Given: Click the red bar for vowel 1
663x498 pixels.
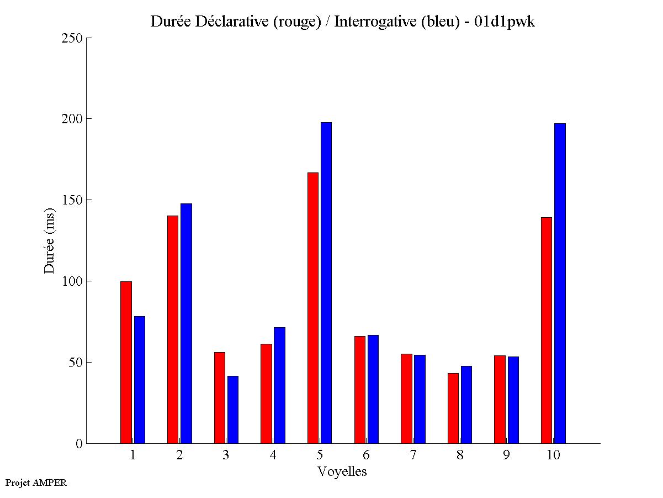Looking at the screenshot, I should point(126,362).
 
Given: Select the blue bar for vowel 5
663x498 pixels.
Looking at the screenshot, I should point(326,282).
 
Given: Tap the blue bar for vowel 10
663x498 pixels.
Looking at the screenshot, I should point(560,283).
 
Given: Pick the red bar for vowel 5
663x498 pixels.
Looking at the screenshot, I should point(313,308).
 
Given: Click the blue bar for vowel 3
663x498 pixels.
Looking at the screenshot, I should point(233,410).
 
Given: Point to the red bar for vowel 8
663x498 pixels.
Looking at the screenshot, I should point(453,408).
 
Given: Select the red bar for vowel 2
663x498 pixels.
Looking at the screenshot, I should point(173,329).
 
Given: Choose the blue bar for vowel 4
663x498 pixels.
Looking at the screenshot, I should point(279,385).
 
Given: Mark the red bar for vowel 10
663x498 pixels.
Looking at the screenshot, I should point(547,330).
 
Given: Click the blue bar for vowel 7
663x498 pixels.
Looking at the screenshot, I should point(420,399).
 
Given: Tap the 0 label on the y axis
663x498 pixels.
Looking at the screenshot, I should point(79,443).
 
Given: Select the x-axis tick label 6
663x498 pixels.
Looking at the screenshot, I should point(367,455).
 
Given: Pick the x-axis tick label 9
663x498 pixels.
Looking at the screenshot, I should point(506,455).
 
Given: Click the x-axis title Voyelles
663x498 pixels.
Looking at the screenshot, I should point(342,471).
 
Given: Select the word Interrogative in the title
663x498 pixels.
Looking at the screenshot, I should point(369,22).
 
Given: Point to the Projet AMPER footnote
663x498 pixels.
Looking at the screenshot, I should point(36,483).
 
